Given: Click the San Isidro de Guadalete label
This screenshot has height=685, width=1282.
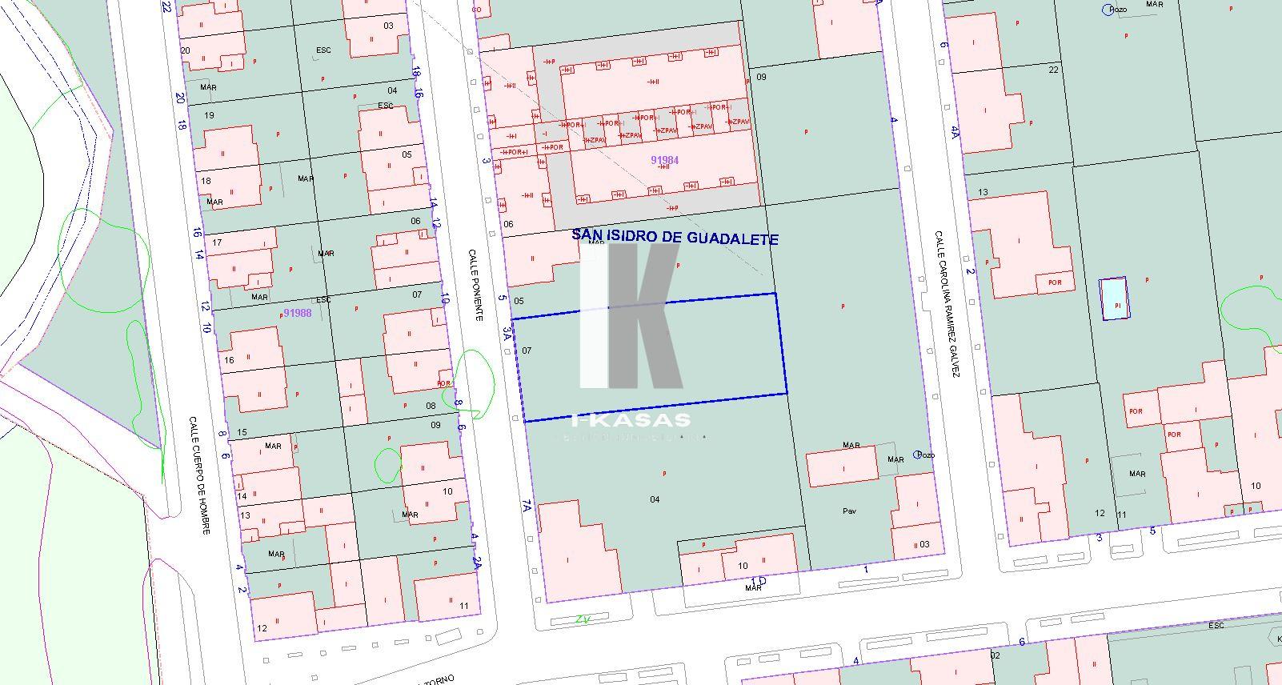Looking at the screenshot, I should [675, 238].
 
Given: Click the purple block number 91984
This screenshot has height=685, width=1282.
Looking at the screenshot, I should [664, 160].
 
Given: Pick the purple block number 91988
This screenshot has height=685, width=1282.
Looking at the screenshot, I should [297, 313].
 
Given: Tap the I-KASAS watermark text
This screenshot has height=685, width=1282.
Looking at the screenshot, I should [632, 420].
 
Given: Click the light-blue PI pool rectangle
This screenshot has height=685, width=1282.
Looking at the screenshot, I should [1113, 299].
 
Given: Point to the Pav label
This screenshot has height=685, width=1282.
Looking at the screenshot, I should [849, 511].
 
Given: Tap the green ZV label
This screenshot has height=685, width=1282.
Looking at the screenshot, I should [583, 619].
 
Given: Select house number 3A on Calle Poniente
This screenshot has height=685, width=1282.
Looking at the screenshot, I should [507, 334].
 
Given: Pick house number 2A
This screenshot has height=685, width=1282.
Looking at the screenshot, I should [476, 563].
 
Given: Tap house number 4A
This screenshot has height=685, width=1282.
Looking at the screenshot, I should [954, 131].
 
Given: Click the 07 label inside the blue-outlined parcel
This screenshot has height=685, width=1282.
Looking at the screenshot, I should [527, 351].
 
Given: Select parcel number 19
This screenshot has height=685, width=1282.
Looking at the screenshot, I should [210, 115].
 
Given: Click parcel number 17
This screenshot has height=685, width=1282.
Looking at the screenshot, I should [217, 242].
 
